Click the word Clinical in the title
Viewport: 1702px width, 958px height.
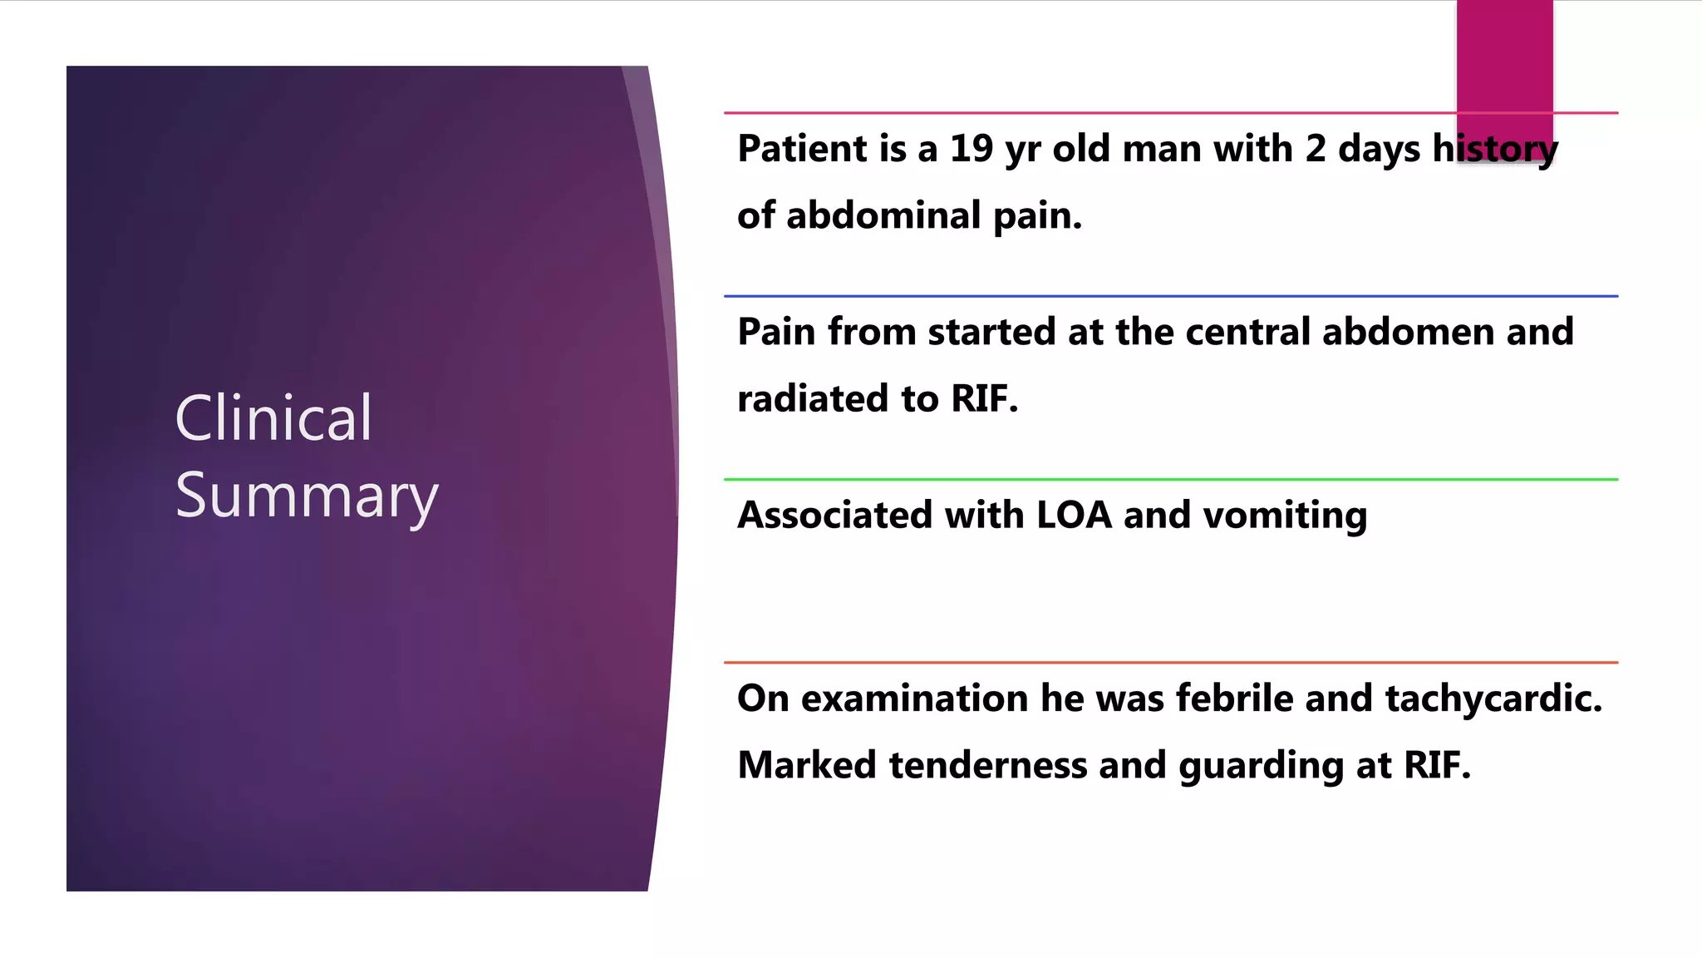click(x=273, y=418)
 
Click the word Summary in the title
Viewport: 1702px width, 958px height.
click(x=307, y=496)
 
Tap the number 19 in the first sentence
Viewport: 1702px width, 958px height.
click(x=971, y=149)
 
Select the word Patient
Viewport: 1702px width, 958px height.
click(x=802, y=149)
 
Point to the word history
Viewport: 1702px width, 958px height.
click(x=1494, y=149)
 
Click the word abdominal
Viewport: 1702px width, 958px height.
click(x=883, y=216)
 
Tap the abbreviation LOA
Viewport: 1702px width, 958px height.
click(x=1074, y=516)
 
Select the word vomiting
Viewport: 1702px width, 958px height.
click(x=1285, y=516)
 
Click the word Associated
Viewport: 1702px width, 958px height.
click(x=834, y=516)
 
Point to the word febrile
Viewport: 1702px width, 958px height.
click(x=1233, y=699)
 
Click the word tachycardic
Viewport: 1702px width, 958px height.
click(x=1493, y=699)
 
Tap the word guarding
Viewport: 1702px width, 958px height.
click(x=1260, y=766)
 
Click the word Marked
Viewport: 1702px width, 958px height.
click(x=806, y=766)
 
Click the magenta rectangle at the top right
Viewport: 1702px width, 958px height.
click(x=1504, y=58)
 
